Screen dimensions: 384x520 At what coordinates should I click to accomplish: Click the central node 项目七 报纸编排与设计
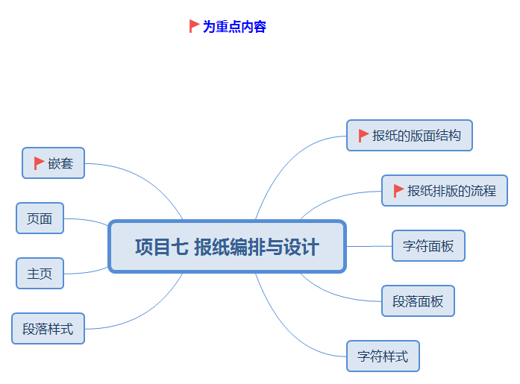coord(227,246)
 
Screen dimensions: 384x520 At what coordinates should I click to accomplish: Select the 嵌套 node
coord(54,163)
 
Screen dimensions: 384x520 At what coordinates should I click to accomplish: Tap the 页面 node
coord(40,218)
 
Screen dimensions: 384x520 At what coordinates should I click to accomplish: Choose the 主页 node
coord(40,273)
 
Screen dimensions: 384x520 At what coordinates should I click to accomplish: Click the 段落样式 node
coord(48,328)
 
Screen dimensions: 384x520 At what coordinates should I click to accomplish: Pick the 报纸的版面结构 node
coord(409,135)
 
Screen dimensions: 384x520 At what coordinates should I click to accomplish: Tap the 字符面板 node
coord(428,245)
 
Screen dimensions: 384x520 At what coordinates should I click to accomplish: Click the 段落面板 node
coord(418,300)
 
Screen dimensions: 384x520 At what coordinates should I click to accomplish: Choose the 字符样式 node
coord(383,356)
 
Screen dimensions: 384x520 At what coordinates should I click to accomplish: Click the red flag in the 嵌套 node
coord(39,163)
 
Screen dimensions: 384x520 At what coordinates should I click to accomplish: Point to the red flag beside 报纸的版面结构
coord(363,135)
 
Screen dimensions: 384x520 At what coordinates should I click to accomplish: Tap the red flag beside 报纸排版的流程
coord(398,190)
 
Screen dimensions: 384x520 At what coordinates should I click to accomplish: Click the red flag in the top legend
coord(194,26)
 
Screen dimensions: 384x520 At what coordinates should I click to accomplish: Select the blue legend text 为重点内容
coord(234,27)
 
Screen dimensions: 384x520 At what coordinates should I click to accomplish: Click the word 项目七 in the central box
coord(160,247)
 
